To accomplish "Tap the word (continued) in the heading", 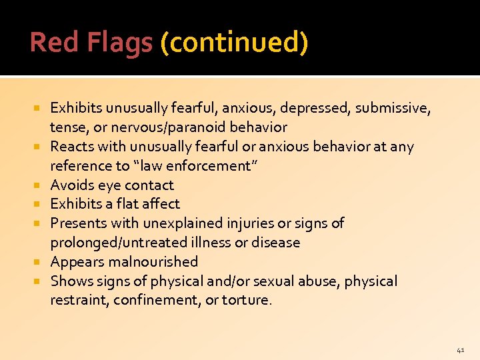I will click(234, 43).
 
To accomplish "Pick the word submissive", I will click(393, 107).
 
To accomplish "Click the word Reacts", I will click(71, 146).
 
